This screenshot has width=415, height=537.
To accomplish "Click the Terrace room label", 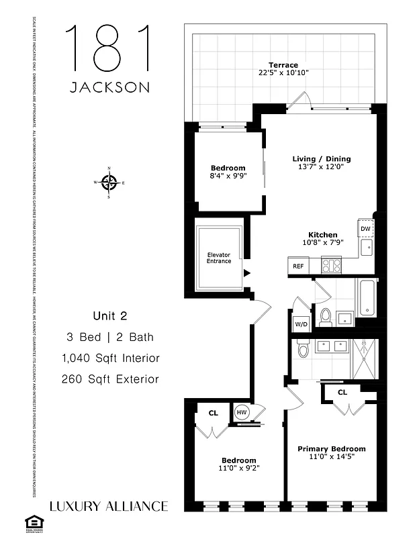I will click(x=283, y=65).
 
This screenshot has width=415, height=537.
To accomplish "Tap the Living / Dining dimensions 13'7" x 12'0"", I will click(x=321, y=168).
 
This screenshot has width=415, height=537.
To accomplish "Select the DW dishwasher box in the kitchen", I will click(x=365, y=229).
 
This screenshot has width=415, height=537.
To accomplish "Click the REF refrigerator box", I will click(x=297, y=266).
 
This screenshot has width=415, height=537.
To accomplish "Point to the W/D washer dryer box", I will click(x=301, y=325).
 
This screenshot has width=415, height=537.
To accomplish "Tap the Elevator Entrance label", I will click(x=219, y=257).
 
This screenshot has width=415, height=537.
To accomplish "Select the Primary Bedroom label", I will click(x=332, y=448).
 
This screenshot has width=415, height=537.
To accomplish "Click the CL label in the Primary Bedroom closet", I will click(x=342, y=392).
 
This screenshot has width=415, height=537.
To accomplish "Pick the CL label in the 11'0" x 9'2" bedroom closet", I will click(x=213, y=413).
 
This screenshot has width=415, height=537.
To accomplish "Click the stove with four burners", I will click(x=331, y=265).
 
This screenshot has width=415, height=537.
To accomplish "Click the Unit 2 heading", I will click(x=109, y=315).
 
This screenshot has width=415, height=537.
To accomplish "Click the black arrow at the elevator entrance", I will click(x=247, y=273).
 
